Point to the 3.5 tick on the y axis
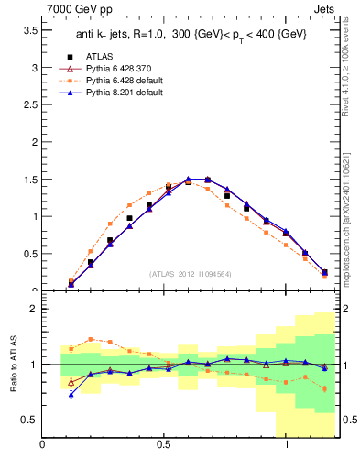pyautogui.click(x=29, y=30)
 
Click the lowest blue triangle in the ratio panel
pyautogui.click(x=71, y=395)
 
